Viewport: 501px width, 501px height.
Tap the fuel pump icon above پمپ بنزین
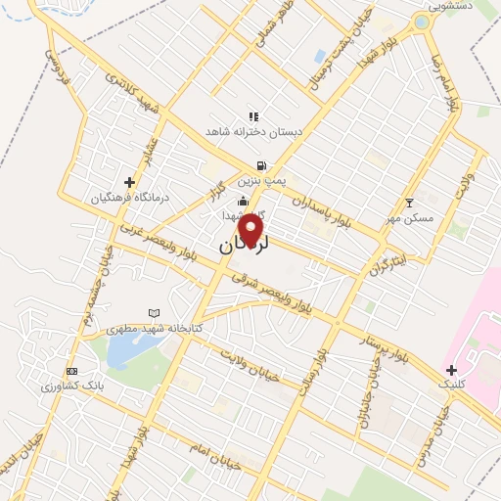[260, 165]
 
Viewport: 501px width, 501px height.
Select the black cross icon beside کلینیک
[451, 370]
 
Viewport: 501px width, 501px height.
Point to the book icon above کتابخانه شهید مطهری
[153, 313]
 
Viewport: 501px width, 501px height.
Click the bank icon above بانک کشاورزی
[71, 371]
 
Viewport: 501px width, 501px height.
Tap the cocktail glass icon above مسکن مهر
[409, 203]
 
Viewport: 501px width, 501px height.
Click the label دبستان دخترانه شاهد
[253, 131]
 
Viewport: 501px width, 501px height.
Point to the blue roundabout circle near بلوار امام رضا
[422, 22]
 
